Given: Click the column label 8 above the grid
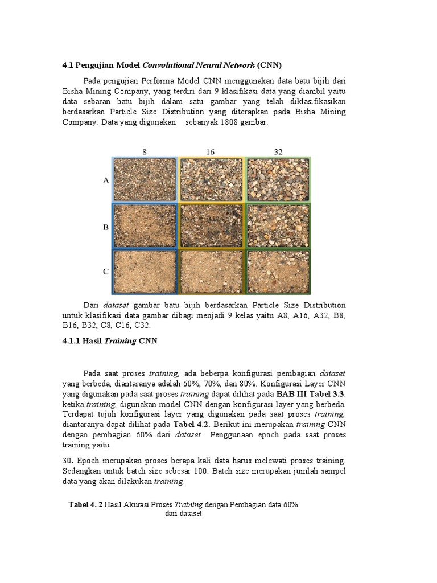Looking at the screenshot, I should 145,151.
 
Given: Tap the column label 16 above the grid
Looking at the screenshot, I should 211,151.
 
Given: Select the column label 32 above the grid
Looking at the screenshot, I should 278,151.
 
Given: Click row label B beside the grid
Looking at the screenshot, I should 105,227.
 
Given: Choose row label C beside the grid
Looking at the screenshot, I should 105,272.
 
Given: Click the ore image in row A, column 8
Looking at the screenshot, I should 145,179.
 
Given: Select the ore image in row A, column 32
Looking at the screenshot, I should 278,179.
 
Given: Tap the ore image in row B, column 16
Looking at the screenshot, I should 211,225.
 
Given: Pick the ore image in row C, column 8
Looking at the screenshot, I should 145,271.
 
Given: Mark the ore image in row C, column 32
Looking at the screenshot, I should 278,271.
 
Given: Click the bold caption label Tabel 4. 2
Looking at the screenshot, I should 86,504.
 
